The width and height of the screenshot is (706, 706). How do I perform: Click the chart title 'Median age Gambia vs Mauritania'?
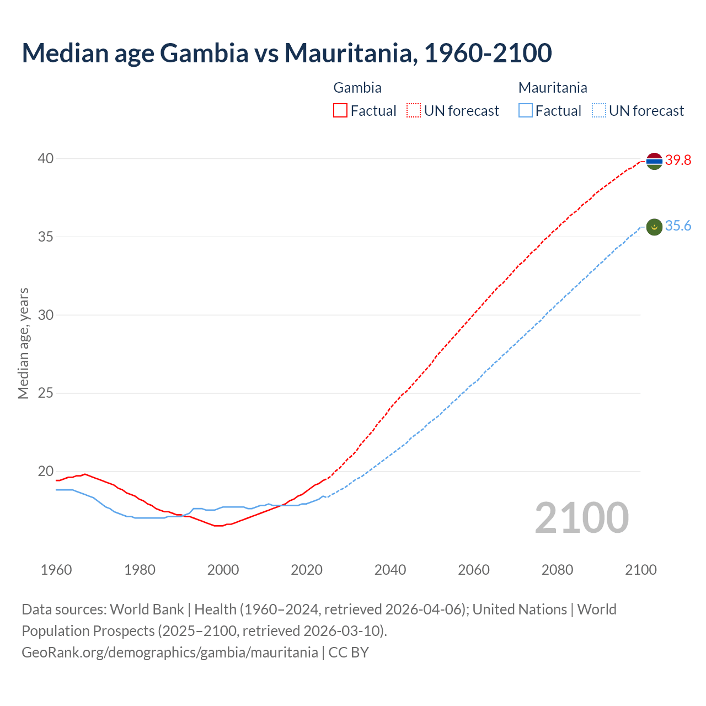coord(286,53)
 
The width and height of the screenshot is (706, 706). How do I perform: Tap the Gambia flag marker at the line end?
coord(654,161)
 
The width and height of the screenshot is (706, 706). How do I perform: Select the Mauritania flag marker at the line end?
coord(654,227)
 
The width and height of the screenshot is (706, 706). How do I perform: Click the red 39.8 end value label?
coord(678,161)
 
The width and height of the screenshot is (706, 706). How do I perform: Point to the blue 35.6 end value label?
coord(678,226)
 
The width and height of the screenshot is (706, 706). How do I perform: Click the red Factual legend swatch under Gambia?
coord(340,111)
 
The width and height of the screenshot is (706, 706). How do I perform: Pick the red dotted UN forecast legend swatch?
coord(414,111)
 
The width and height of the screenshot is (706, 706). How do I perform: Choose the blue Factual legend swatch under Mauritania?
coord(526,111)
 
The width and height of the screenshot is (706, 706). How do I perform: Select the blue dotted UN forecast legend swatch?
coord(599,111)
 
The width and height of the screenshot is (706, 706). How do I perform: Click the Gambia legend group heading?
coord(357,88)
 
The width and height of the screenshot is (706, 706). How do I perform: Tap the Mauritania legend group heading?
coord(553,88)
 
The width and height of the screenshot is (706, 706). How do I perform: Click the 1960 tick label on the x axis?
coord(56,570)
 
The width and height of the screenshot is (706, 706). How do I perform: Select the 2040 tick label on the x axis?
coord(390,570)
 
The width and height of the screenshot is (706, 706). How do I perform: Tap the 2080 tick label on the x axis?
coord(557,570)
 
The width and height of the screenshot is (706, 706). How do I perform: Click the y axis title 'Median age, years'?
coord(23,343)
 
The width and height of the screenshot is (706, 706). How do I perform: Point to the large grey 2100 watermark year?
coord(581,518)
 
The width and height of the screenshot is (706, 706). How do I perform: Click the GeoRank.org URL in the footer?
coord(170,652)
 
